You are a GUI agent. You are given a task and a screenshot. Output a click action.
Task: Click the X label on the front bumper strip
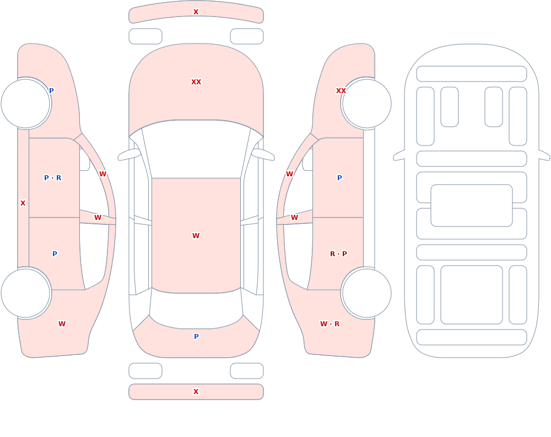click(x=196, y=12)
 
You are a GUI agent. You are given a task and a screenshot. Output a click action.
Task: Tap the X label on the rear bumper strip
click(x=196, y=392)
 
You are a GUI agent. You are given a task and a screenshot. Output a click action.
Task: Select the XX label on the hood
click(x=196, y=82)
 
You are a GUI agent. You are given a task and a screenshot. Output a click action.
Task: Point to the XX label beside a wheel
click(x=341, y=91)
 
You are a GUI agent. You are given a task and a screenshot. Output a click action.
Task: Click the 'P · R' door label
click(x=53, y=178)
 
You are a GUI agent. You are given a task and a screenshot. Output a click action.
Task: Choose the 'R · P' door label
click(x=338, y=254)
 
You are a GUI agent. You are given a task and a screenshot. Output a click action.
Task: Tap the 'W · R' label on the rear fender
click(x=329, y=324)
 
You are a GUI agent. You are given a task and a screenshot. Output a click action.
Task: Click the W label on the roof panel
click(x=196, y=236)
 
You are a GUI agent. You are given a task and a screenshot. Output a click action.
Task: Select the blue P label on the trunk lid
click(x=196, y=337)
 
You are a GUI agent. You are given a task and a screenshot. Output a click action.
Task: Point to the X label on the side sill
click(x=23, y=203)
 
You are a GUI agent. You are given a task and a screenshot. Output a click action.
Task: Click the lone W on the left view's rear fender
click(x=62, y=324)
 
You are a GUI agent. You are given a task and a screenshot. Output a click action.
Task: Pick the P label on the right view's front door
click(x=339, y=178)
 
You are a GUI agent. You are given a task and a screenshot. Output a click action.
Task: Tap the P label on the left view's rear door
click(x=55, y=254)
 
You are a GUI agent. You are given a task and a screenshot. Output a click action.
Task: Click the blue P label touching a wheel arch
click(x=51, y=91)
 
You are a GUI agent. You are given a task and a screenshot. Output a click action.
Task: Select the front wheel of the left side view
click(x=25, y=104)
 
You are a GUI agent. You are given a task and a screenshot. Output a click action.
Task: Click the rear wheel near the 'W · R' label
click(x=367, y=293)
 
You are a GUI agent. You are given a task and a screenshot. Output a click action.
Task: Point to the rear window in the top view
click(x=196, y=309)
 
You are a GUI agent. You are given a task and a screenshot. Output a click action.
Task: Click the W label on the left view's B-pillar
click(x=98, y=218)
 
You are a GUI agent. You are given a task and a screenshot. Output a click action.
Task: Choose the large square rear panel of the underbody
click(x=472, y=295)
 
